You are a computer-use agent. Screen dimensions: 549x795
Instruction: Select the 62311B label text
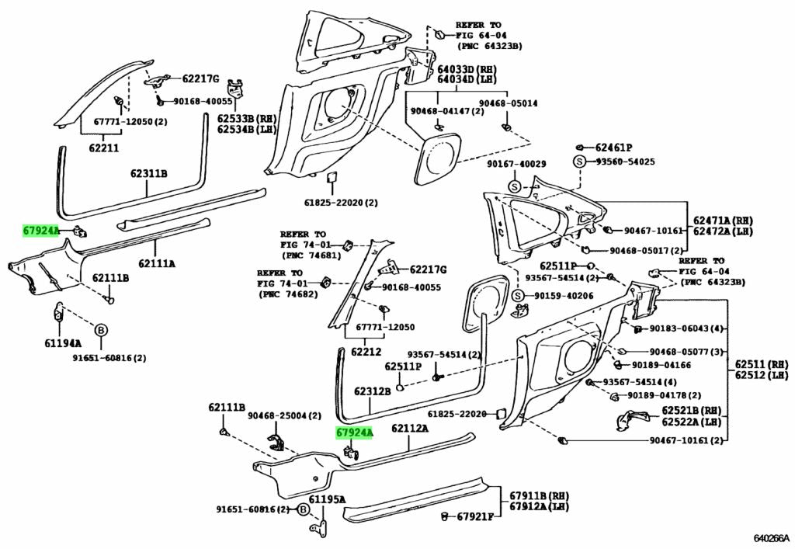pyautogui.click(x=148, y=173)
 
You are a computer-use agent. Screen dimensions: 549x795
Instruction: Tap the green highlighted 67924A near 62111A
pyautogui.click(x=41, y=231)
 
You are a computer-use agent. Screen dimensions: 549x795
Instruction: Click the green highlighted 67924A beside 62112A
pyautogui.click(x=355, y=432)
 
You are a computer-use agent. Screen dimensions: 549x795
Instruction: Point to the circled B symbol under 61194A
pyautogui.click(x=100, y=331)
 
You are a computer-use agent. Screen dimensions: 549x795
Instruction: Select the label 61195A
pyautogui.click(x=327, y=499)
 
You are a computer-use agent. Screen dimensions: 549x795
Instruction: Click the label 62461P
pyautogui.click(x=614, y=147)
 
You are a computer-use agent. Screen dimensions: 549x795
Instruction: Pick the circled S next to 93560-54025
pyautogui.click(x=578, y=162)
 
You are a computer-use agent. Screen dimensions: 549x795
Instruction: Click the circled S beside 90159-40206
pyautogui.click(x=518, y=296)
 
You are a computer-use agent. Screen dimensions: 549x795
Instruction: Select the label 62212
pyautogui.click(x=365, y=352)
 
